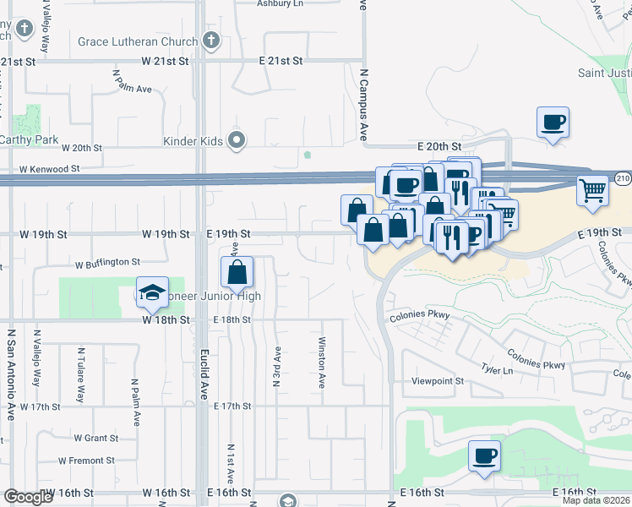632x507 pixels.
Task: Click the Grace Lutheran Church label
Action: point(138,41)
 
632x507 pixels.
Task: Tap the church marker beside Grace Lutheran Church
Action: point(211,40)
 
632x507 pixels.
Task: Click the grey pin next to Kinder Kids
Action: point(238,140)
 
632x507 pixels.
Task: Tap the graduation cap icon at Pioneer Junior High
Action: point(152,292)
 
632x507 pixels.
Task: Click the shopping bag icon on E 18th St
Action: point(237,272)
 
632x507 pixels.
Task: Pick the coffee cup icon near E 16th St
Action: point(485,456)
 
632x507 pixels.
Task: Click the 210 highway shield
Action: point(623,179)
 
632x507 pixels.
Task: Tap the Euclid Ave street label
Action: point(203,373)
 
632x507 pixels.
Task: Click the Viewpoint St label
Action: point(437,381)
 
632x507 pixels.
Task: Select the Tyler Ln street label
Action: point(497,370)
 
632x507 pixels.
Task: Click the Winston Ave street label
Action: point(321,363)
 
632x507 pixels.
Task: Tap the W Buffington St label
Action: point(107,263)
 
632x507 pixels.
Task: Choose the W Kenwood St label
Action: point(50,169)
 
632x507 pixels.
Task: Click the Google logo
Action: point(28,497)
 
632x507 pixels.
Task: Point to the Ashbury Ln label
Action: point(280,3)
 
